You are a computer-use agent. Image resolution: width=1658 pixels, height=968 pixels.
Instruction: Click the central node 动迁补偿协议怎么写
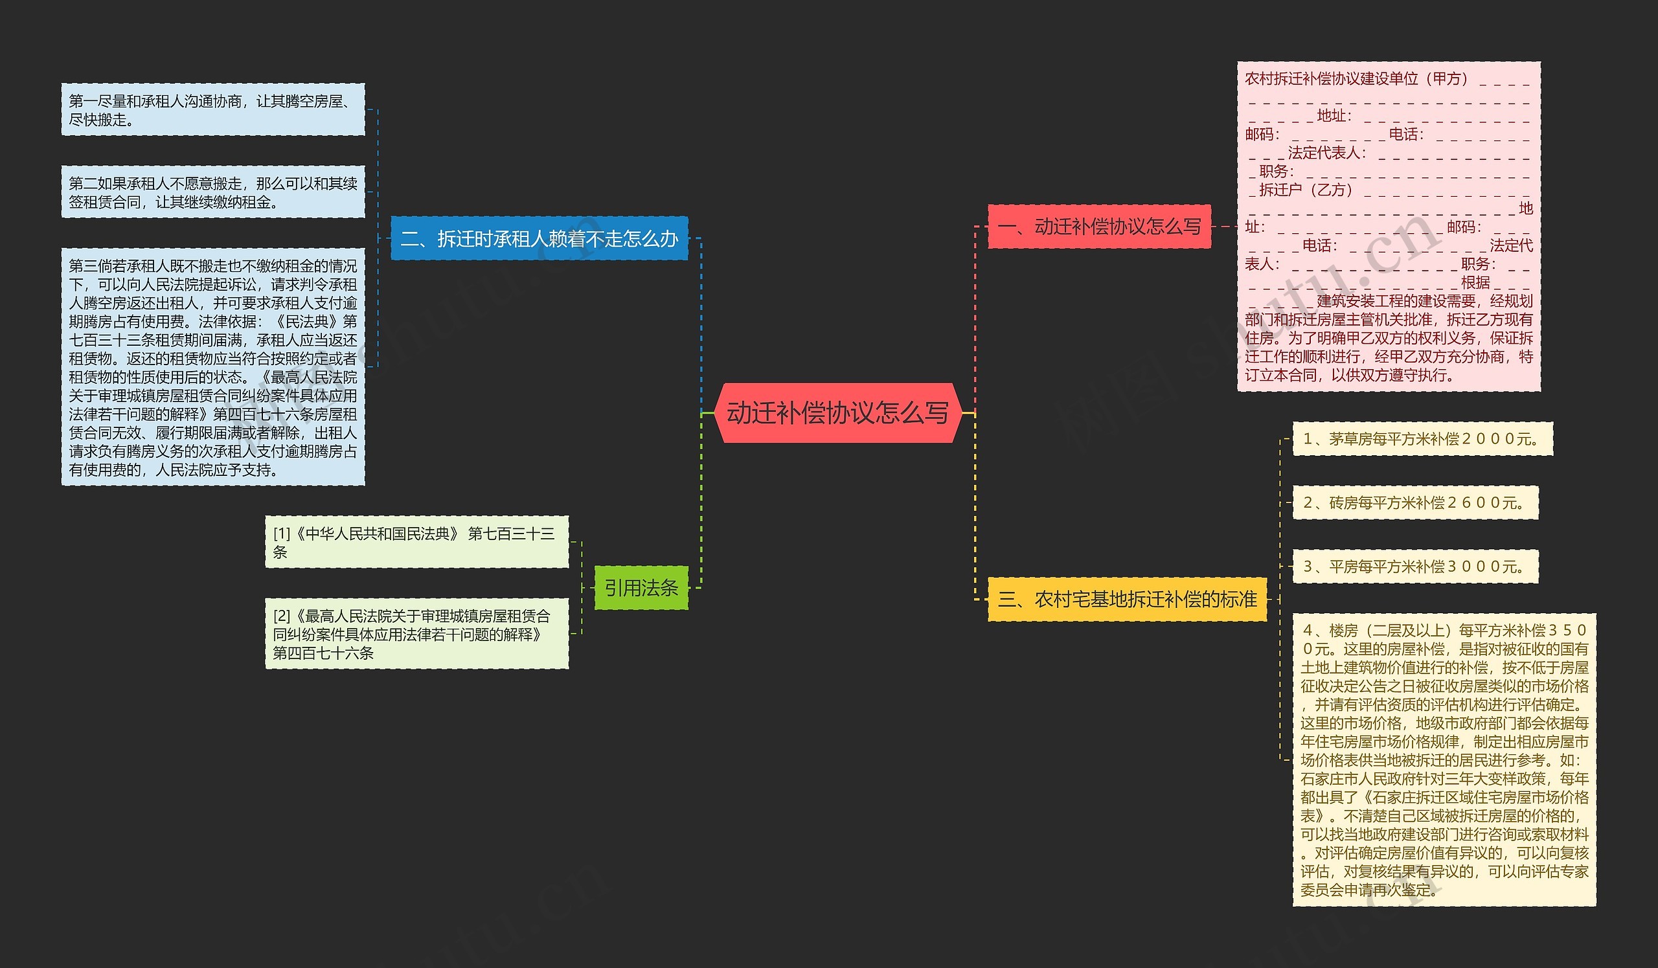837,413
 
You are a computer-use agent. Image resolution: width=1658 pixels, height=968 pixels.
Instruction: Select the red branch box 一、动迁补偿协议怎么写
1099,227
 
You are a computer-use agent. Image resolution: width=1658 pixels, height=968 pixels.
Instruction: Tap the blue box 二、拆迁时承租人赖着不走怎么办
539,239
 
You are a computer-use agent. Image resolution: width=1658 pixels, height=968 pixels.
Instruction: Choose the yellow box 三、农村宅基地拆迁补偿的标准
1127,599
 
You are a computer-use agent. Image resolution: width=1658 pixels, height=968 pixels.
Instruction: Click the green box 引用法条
641,588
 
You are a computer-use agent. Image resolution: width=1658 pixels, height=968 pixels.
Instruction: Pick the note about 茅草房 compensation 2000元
1422,439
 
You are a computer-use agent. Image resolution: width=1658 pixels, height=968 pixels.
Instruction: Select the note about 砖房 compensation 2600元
1414,503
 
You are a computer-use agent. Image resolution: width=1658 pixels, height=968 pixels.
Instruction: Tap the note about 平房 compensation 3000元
1414,567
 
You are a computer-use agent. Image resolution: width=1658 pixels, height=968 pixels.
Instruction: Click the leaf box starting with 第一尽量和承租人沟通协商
212,110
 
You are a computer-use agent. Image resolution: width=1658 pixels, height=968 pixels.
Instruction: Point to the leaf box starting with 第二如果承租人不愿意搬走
212,192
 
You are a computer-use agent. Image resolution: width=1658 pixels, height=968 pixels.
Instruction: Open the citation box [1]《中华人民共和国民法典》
416,543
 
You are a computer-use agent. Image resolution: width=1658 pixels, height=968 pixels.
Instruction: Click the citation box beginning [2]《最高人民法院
416,634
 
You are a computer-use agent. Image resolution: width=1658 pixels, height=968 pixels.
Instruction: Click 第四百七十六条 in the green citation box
323,653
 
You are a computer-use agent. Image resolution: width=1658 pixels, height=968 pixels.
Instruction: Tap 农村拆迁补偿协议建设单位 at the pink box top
1331,79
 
